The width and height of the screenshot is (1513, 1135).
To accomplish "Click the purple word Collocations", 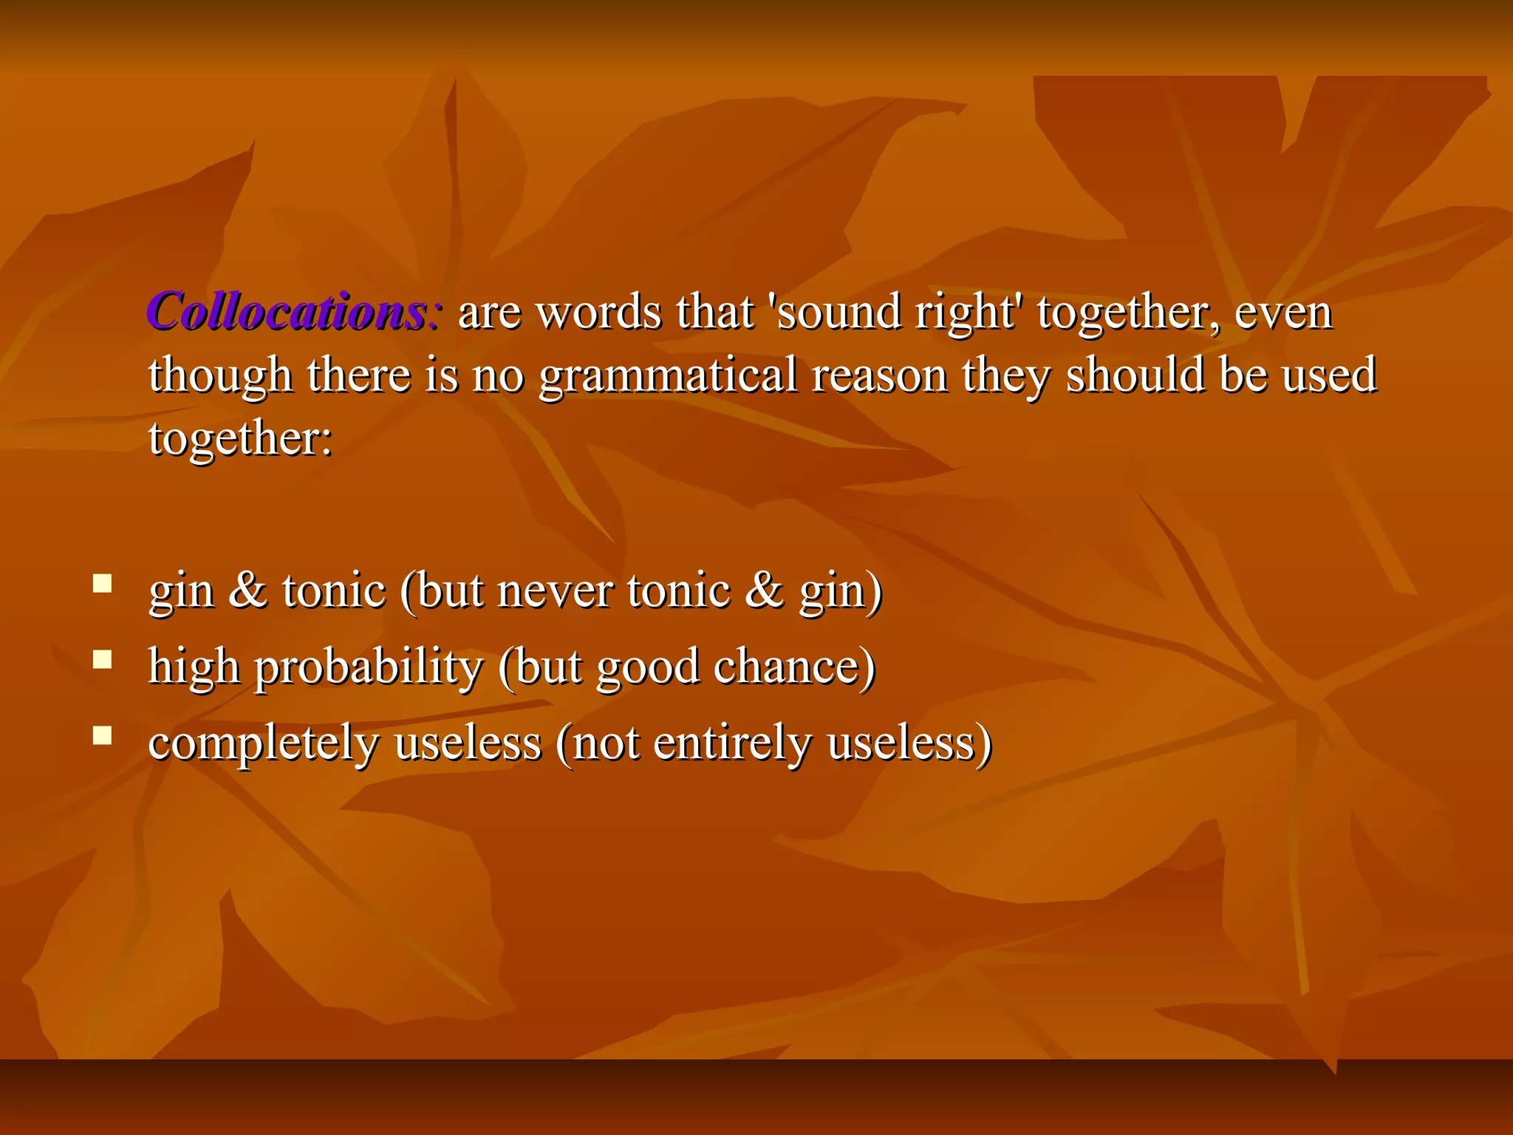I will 287,312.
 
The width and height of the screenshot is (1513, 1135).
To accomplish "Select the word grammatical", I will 668,375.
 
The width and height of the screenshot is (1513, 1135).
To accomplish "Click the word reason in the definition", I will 879,375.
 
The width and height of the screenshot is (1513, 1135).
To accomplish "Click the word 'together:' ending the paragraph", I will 241,439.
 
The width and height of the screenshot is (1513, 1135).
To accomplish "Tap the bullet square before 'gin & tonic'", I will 103,584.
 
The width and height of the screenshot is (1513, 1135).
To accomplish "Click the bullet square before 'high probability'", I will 103,659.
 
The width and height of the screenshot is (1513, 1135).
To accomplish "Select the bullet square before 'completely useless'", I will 103,735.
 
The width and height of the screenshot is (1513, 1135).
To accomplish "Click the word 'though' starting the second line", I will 220,375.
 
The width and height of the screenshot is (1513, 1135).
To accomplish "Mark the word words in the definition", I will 598,312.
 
